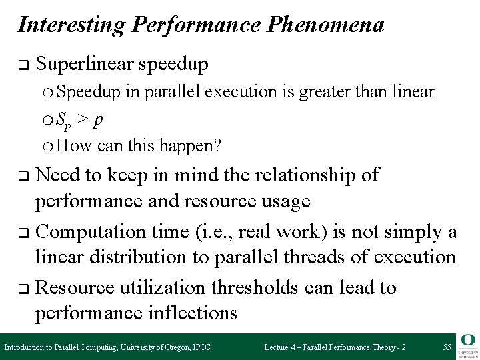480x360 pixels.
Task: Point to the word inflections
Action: click(184, 313)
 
